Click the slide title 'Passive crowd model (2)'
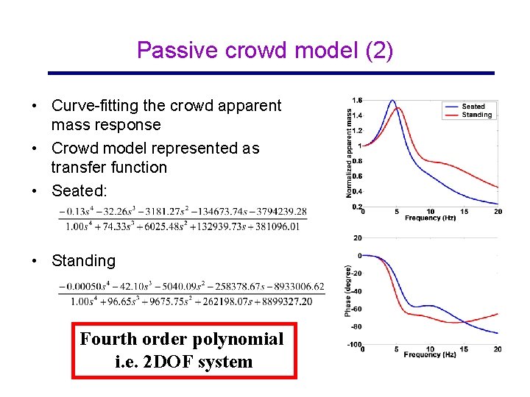tap(265, 50)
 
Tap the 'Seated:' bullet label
tap(79, 191)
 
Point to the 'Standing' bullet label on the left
tap(83, 260)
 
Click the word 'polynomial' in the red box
tap(240, 339)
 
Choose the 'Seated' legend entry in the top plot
tap(473, 107)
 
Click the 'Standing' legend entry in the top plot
tap(476, 115)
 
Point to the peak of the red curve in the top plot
tap(398, 108)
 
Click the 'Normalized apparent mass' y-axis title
tap(349, 153)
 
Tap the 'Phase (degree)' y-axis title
tap(348, 291)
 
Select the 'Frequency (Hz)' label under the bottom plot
tap(430, 354)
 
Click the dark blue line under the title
tap(271, 73)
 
